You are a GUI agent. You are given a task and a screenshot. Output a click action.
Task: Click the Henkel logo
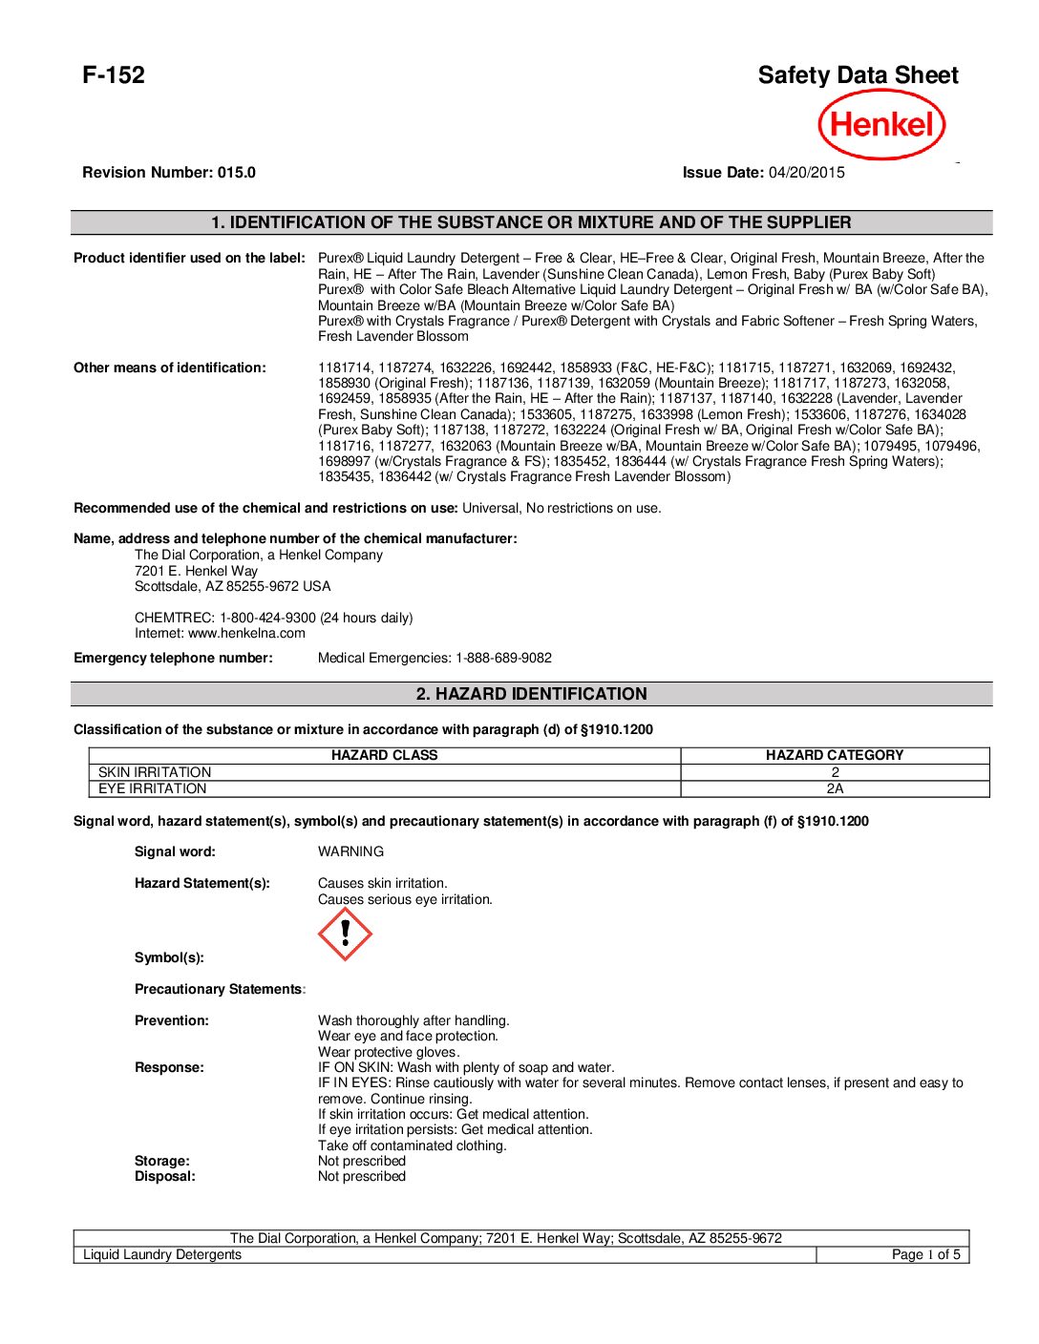[x=881, y=124]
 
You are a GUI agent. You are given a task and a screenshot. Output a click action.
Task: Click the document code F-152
[x=114, y=75]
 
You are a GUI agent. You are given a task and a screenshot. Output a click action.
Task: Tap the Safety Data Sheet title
[x=858, y=75]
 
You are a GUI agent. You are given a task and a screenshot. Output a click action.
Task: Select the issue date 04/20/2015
[x=807, y=173]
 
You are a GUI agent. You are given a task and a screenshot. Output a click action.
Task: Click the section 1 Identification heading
[x=531, y=222]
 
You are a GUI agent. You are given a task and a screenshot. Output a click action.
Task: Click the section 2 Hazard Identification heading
[x=531, y=694]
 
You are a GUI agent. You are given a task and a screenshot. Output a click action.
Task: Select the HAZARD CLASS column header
[x=384, y=755]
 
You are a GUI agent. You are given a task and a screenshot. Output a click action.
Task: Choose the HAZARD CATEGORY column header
[x=835, y=755]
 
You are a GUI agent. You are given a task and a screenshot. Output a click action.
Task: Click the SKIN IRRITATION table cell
[x=155, y=772]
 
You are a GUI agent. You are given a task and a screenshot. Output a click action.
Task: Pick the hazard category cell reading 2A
[x=835, y=788]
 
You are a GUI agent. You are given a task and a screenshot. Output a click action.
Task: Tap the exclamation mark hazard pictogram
[x=345, y=934]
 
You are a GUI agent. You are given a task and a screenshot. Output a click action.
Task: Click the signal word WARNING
[x=350, y=851]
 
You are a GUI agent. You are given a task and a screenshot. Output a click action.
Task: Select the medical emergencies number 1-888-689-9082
[x=503, y=658]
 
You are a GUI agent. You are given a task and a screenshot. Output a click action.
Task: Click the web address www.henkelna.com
[x=246, y=633]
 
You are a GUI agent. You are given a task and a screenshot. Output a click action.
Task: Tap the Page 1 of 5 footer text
[x=925, y=1254]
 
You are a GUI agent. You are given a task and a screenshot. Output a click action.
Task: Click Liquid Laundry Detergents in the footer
[x=162, y=1254]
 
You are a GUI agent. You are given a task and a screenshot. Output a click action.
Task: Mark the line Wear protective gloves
[x=389, y=1052]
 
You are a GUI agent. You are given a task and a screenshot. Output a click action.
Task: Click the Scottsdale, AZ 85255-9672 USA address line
[x=233, y=586]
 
